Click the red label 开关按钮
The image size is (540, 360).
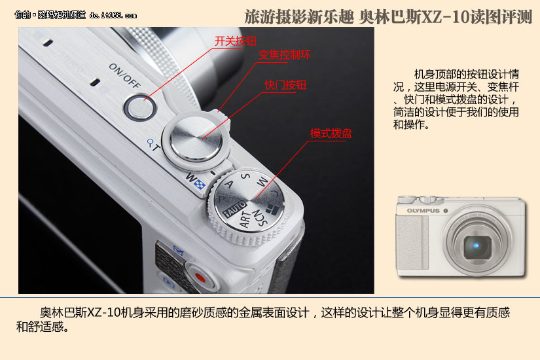[236, 41]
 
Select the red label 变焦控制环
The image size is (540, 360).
[285, 55]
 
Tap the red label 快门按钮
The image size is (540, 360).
[285, 84]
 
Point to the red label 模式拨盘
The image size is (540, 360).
[331, 134]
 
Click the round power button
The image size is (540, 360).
[139, 107]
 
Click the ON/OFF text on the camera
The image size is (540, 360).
[124, 75]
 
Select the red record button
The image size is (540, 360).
[201, 278]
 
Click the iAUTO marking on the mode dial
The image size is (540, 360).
[234, 209]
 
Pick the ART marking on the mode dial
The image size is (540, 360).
[245, 219]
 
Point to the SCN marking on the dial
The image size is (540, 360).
[260, 217]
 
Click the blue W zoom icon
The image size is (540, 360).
[195, 181]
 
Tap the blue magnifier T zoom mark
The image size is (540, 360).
[153, 145]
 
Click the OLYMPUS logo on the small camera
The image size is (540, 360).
[423, 211]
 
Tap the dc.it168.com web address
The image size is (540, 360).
[113, 15]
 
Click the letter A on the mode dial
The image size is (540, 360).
[228, 185]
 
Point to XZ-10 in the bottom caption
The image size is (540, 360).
[103, 312]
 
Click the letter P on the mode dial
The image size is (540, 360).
[221, 199]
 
